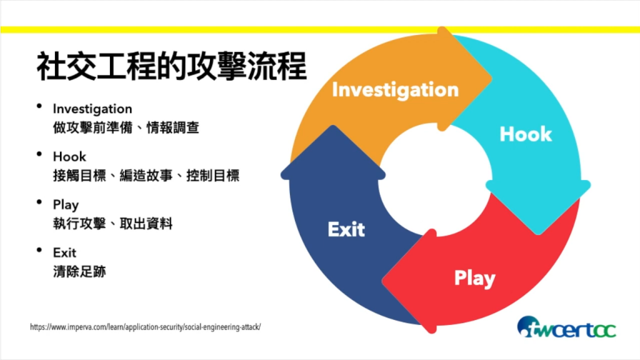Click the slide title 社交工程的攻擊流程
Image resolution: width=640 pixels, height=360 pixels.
171,66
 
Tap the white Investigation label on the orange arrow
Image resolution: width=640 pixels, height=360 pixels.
395,90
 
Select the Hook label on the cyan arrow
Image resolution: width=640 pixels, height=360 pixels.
526,134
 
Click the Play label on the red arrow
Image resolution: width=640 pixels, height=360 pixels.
474,278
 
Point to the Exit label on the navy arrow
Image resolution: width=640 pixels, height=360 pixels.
346,229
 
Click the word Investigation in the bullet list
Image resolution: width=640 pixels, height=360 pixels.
92,109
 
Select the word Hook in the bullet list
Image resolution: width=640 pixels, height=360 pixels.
69,156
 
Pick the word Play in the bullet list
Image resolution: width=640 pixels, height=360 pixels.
66,205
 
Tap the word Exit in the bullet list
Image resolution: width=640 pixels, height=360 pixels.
64,252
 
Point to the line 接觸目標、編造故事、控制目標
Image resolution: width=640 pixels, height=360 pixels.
146,176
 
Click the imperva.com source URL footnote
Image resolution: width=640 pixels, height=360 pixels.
145,327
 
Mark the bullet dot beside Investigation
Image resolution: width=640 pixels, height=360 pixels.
40,107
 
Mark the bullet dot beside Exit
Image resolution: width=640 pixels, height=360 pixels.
40,251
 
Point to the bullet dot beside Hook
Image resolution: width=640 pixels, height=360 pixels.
40,154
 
